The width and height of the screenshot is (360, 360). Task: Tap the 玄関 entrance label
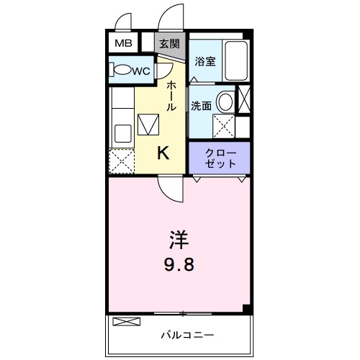pos(170,43)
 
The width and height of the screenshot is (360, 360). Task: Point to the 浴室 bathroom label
pos(205,61)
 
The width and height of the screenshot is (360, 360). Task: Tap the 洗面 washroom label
pos(201,105)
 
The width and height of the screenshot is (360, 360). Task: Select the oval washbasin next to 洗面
pos(225,102)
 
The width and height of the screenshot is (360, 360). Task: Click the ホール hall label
pos(171,96)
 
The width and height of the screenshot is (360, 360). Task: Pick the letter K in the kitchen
pos(164,153)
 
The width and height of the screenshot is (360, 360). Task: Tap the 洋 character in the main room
pos(180,238)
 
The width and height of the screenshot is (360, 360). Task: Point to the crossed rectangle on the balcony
pos(123,322)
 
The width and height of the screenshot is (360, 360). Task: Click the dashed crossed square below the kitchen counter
pos(121,161)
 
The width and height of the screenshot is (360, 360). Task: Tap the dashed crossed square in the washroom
pos(225,125)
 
